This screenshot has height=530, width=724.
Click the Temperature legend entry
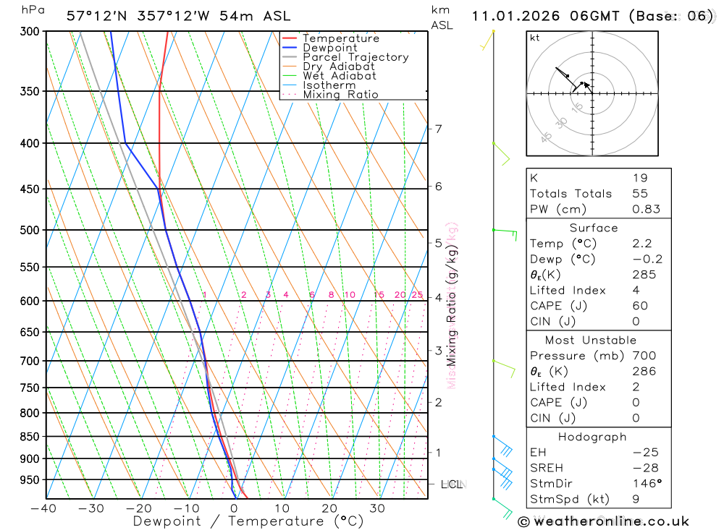coord(340,38)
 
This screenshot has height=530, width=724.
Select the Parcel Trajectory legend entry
coord(355,57)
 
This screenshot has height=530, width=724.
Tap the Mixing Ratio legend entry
coord(340,95)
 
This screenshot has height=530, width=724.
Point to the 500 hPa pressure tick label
coord(30,230)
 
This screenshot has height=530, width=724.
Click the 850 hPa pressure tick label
coord(30,437)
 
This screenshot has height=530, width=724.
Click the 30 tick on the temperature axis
coord(376,508)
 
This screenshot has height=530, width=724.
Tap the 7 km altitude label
coord(438,129)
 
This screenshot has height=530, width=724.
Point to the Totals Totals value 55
coord(640,193)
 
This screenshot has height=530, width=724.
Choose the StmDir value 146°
coord(645,483)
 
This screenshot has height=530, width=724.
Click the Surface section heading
coord(594,228)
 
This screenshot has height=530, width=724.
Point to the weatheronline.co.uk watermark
coord(603,521)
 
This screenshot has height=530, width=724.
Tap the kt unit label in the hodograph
coord(535,38)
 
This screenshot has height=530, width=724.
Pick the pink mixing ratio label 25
coord(417,295)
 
